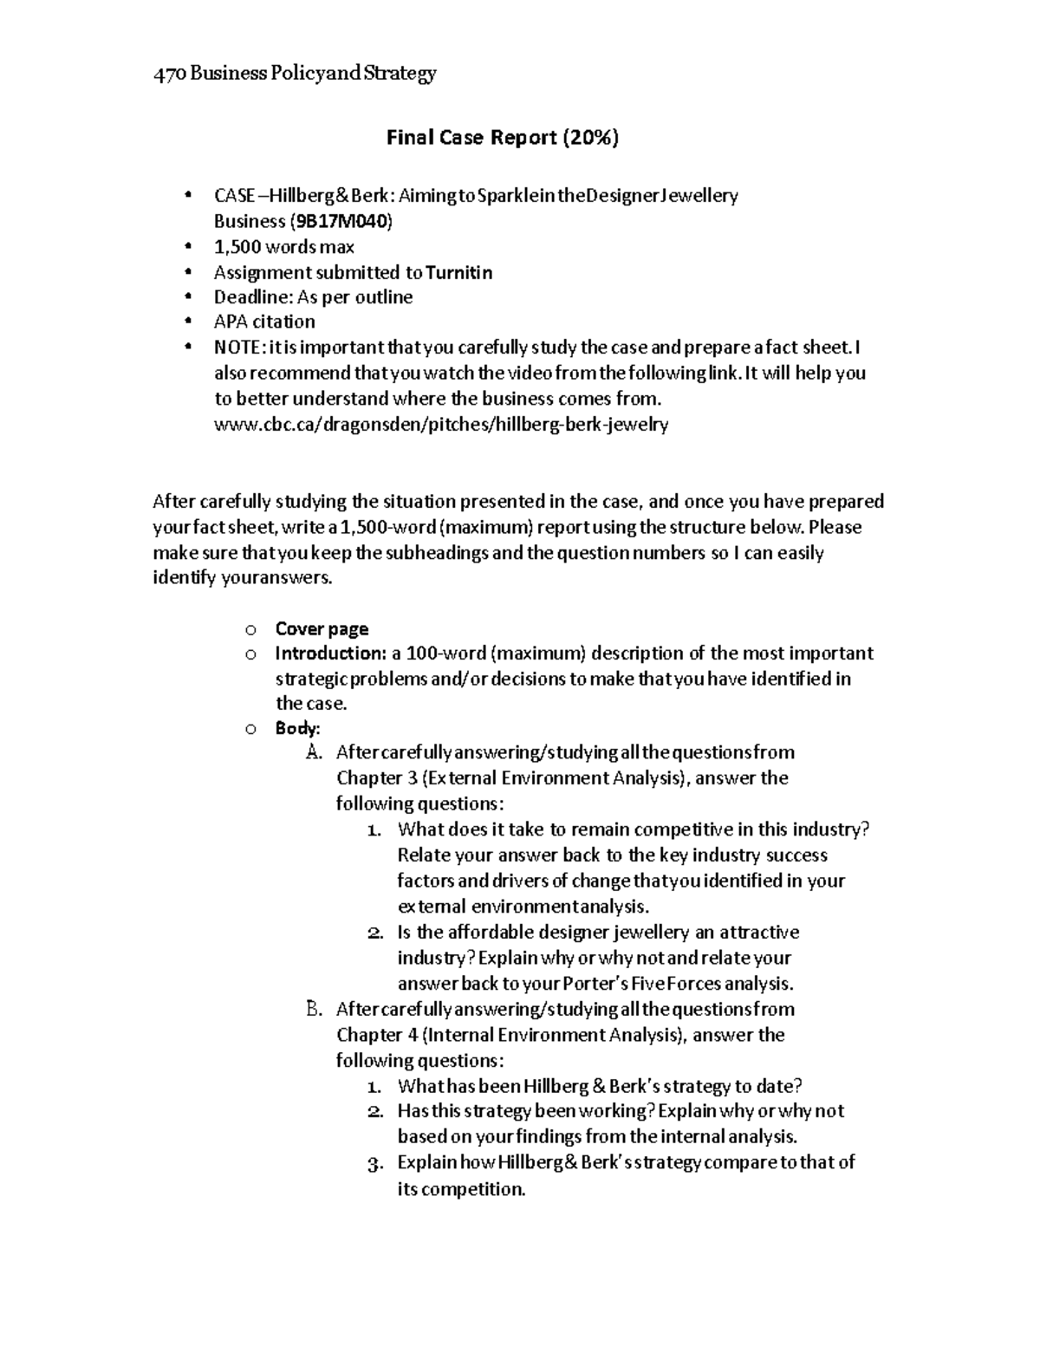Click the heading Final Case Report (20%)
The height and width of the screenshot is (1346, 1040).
503,138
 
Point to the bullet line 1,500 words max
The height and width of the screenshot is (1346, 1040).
284,247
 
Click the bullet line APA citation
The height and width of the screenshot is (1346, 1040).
264,322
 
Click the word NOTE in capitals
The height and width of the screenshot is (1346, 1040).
237,348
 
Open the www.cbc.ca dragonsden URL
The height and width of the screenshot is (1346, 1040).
441,425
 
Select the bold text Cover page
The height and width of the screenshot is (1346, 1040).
322,629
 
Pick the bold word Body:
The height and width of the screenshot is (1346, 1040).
297,728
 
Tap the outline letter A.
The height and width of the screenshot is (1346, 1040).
314,752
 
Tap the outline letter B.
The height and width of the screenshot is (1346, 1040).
314,1009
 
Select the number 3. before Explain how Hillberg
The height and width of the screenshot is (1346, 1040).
374,1164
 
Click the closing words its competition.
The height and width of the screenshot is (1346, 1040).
461,1189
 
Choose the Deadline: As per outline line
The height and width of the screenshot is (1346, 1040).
313,297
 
